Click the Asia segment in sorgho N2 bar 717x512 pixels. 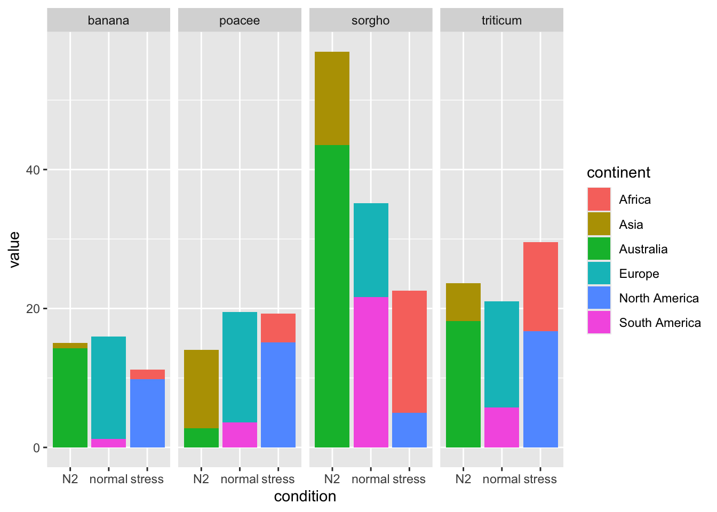[x=332, y=98]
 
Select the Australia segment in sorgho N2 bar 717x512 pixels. [x=332, y=296]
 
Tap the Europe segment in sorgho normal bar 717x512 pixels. [x=371, y=250]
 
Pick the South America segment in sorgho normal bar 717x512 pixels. [x=371, y=372]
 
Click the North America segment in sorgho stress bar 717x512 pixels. [x=409, y=430]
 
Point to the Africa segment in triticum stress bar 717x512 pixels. [x=540, y=287]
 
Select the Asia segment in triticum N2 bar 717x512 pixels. [x=463, y=302]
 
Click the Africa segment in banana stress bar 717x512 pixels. [x=147, y=374]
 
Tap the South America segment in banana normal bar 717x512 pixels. [x=108, y=443]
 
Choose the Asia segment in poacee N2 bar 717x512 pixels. [x=201, y=389]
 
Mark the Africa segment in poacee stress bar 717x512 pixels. [x=278, y=328]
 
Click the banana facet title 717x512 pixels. [x=108, y=21]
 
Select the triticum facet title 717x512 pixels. [x=501, y=21]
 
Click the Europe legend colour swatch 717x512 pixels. [x=599, y=274]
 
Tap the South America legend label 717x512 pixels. [x=660, y=323]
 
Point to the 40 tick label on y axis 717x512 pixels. [x=33, y=170]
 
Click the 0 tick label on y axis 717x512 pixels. [x=37, y=448]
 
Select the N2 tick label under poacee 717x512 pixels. [x=201, y=479]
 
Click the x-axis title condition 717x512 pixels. [x=305, y=497]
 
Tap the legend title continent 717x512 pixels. [x=618, y=173]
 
